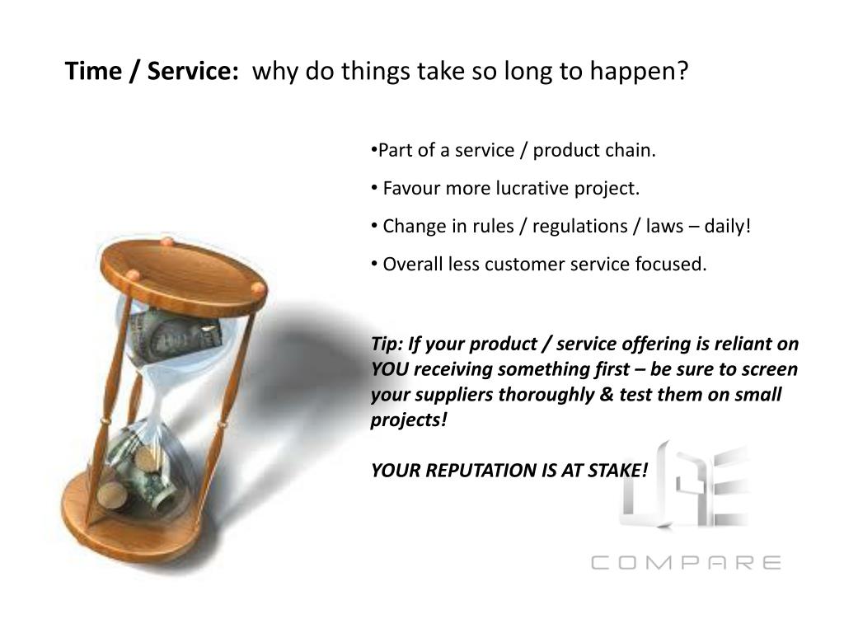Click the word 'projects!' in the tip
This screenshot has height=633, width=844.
[x=409, y=420]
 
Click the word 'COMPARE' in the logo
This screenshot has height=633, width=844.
[x=686, y=563]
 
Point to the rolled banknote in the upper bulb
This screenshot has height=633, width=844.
[x=177, y=330]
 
